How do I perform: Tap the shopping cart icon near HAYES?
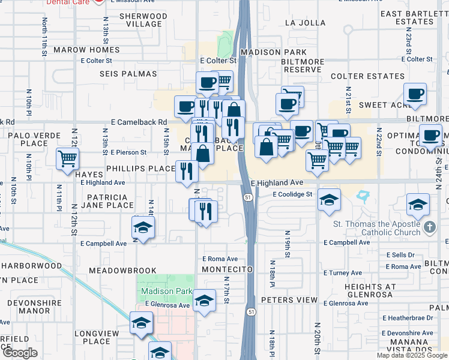pos(68,159)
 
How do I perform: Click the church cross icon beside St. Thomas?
pos(429,227)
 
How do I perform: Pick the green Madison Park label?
pos(166,292)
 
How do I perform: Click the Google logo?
pos(20,353)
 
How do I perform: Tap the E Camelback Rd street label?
pos(139,122)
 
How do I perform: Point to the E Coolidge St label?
pos(292,194)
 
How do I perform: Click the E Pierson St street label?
pos(125,153)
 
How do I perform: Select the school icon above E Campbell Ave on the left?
pos(143,228)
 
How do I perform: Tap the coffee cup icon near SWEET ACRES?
pos(415,94)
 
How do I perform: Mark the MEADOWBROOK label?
pos(122,271)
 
